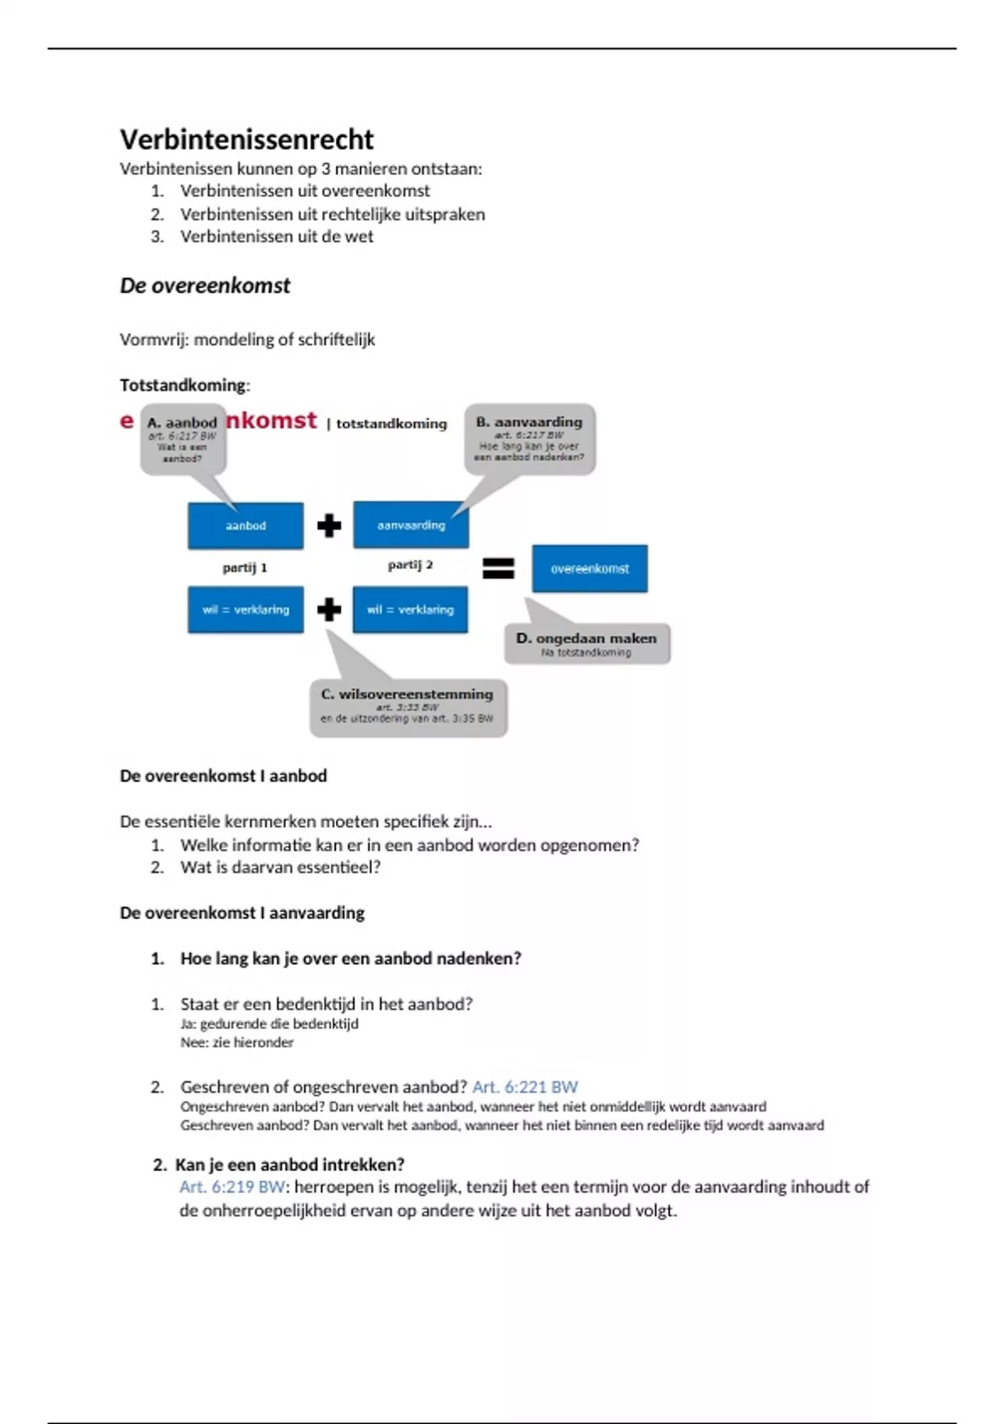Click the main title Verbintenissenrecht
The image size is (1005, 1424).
[246, 139]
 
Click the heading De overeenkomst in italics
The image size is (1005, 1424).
[204, 286]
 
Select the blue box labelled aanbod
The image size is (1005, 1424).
[245, 526]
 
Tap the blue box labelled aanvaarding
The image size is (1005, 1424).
[410, 525]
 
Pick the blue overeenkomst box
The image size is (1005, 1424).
[590, 569]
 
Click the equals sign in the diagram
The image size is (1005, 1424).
[498, 569]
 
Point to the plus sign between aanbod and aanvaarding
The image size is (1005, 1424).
[329, 526]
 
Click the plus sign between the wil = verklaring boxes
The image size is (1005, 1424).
[329, 610]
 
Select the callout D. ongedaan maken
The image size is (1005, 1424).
[586, 643]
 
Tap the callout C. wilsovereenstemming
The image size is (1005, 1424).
[408, 707]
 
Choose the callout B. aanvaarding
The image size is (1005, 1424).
[529, 439]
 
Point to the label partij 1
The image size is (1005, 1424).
[245, 568]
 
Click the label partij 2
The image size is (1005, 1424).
[410, 565]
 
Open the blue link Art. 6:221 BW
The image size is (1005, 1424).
[525, 1087]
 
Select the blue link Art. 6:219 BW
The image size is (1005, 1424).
[232, 1187]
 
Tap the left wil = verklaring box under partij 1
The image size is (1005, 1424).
[245, 610]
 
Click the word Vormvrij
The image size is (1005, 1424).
[154, 340]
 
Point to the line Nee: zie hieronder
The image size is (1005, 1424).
[237, 1043]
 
